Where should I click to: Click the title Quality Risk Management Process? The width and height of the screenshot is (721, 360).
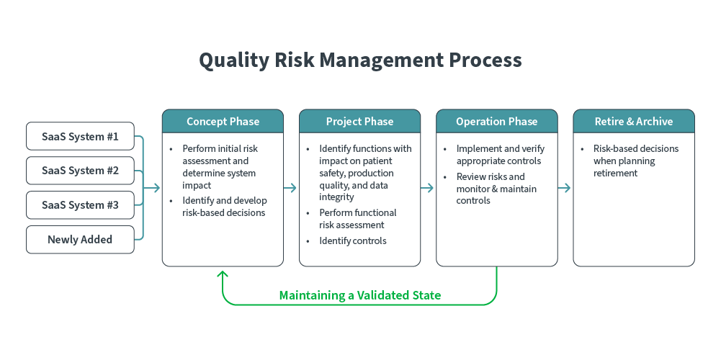360,60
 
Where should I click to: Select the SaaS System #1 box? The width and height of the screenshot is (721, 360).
80,136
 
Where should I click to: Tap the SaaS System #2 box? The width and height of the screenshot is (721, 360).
80,171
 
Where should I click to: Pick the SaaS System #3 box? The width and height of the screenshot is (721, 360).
80,205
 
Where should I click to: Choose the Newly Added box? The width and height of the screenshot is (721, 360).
80,240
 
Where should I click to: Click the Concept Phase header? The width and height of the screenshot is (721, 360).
223,122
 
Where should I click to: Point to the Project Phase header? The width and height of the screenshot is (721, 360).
359,122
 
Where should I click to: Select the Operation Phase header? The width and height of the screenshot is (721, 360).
496,122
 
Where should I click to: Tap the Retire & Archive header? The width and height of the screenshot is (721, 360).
634,122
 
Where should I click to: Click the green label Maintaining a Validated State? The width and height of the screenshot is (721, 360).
360,295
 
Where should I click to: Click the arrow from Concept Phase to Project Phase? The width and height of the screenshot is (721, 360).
290,188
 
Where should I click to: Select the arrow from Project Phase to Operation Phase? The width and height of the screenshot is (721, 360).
427,188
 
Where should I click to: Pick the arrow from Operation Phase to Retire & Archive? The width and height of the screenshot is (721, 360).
564,188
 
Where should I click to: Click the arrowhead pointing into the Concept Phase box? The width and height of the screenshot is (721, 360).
156,188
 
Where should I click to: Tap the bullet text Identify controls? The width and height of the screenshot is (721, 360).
353,240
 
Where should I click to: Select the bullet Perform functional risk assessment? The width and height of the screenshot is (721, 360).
358,219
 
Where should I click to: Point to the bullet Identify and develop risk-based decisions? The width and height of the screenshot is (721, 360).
224,207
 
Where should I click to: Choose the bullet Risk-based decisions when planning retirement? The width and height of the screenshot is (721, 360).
635,161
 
